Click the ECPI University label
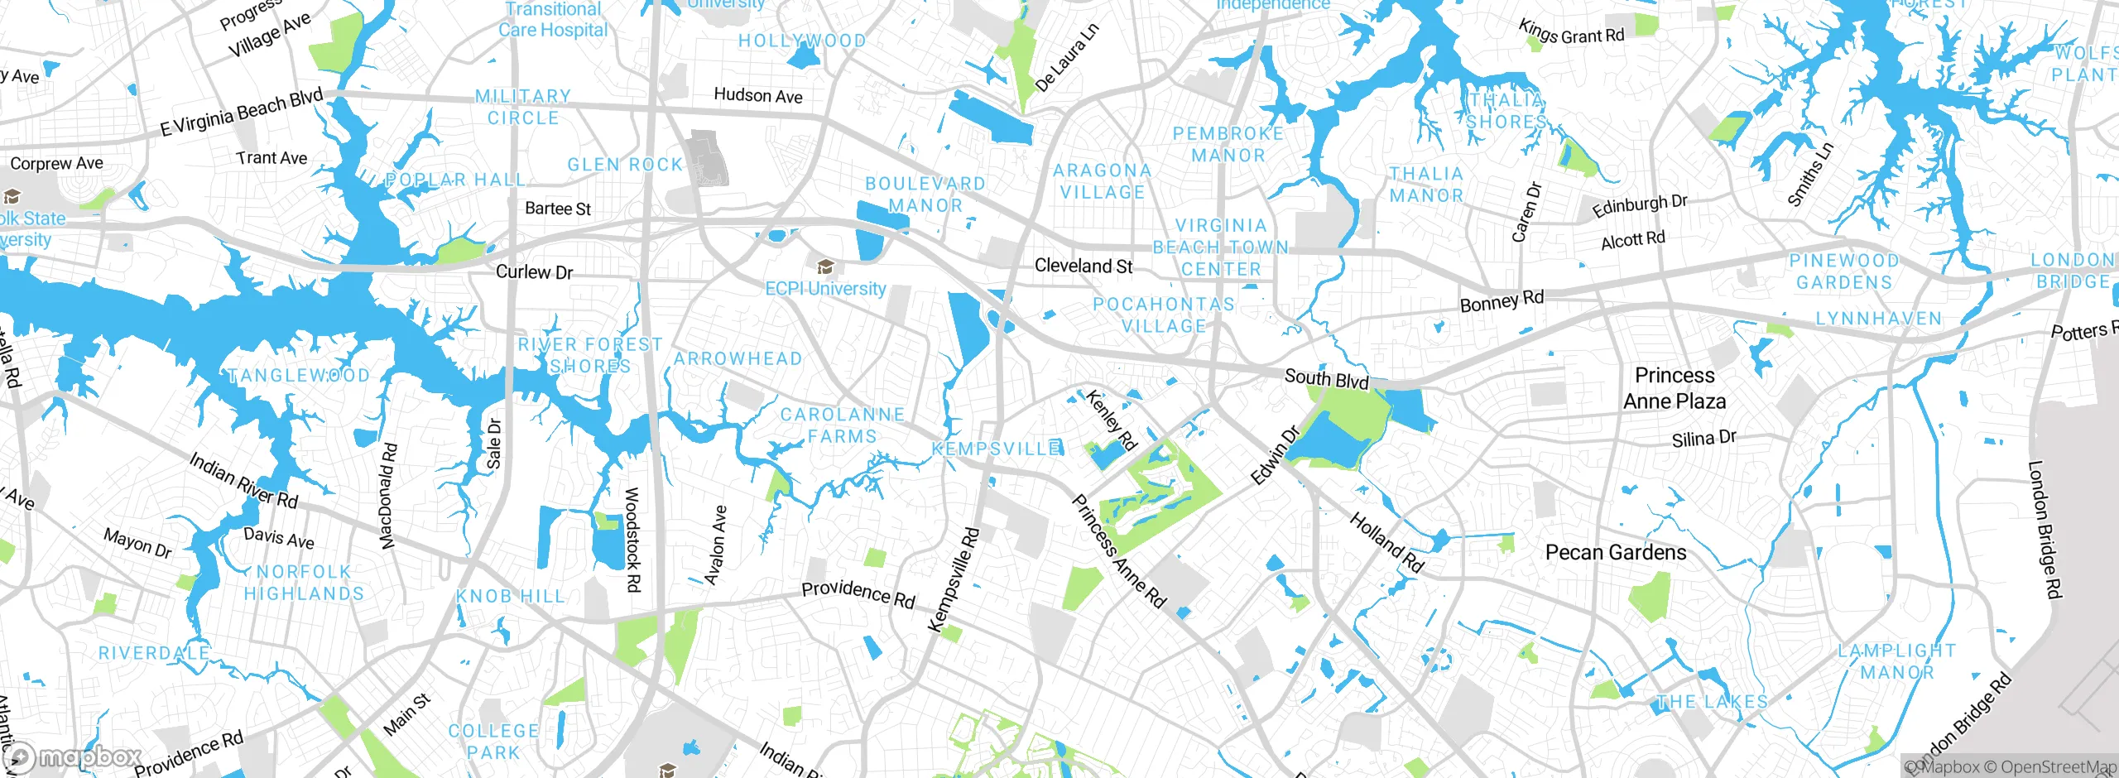point(825,289)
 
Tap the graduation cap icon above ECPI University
point(824,267)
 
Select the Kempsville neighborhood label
point(997,449)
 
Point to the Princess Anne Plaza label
point(1675,388)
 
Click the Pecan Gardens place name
point(1616,552)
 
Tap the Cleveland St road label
point(1084,267)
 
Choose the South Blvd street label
point(1326,378)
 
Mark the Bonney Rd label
point(1502,301)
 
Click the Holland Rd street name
point(1386,543)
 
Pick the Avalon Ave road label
point(716,545)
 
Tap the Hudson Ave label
point(758,96)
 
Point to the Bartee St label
point(558,209)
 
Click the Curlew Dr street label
point(534,272)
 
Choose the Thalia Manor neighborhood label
point(1426,185)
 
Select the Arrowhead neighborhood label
point(738,358)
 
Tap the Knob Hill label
point(510,596)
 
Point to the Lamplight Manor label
point(1897,661)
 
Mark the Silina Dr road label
point(1703,439)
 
